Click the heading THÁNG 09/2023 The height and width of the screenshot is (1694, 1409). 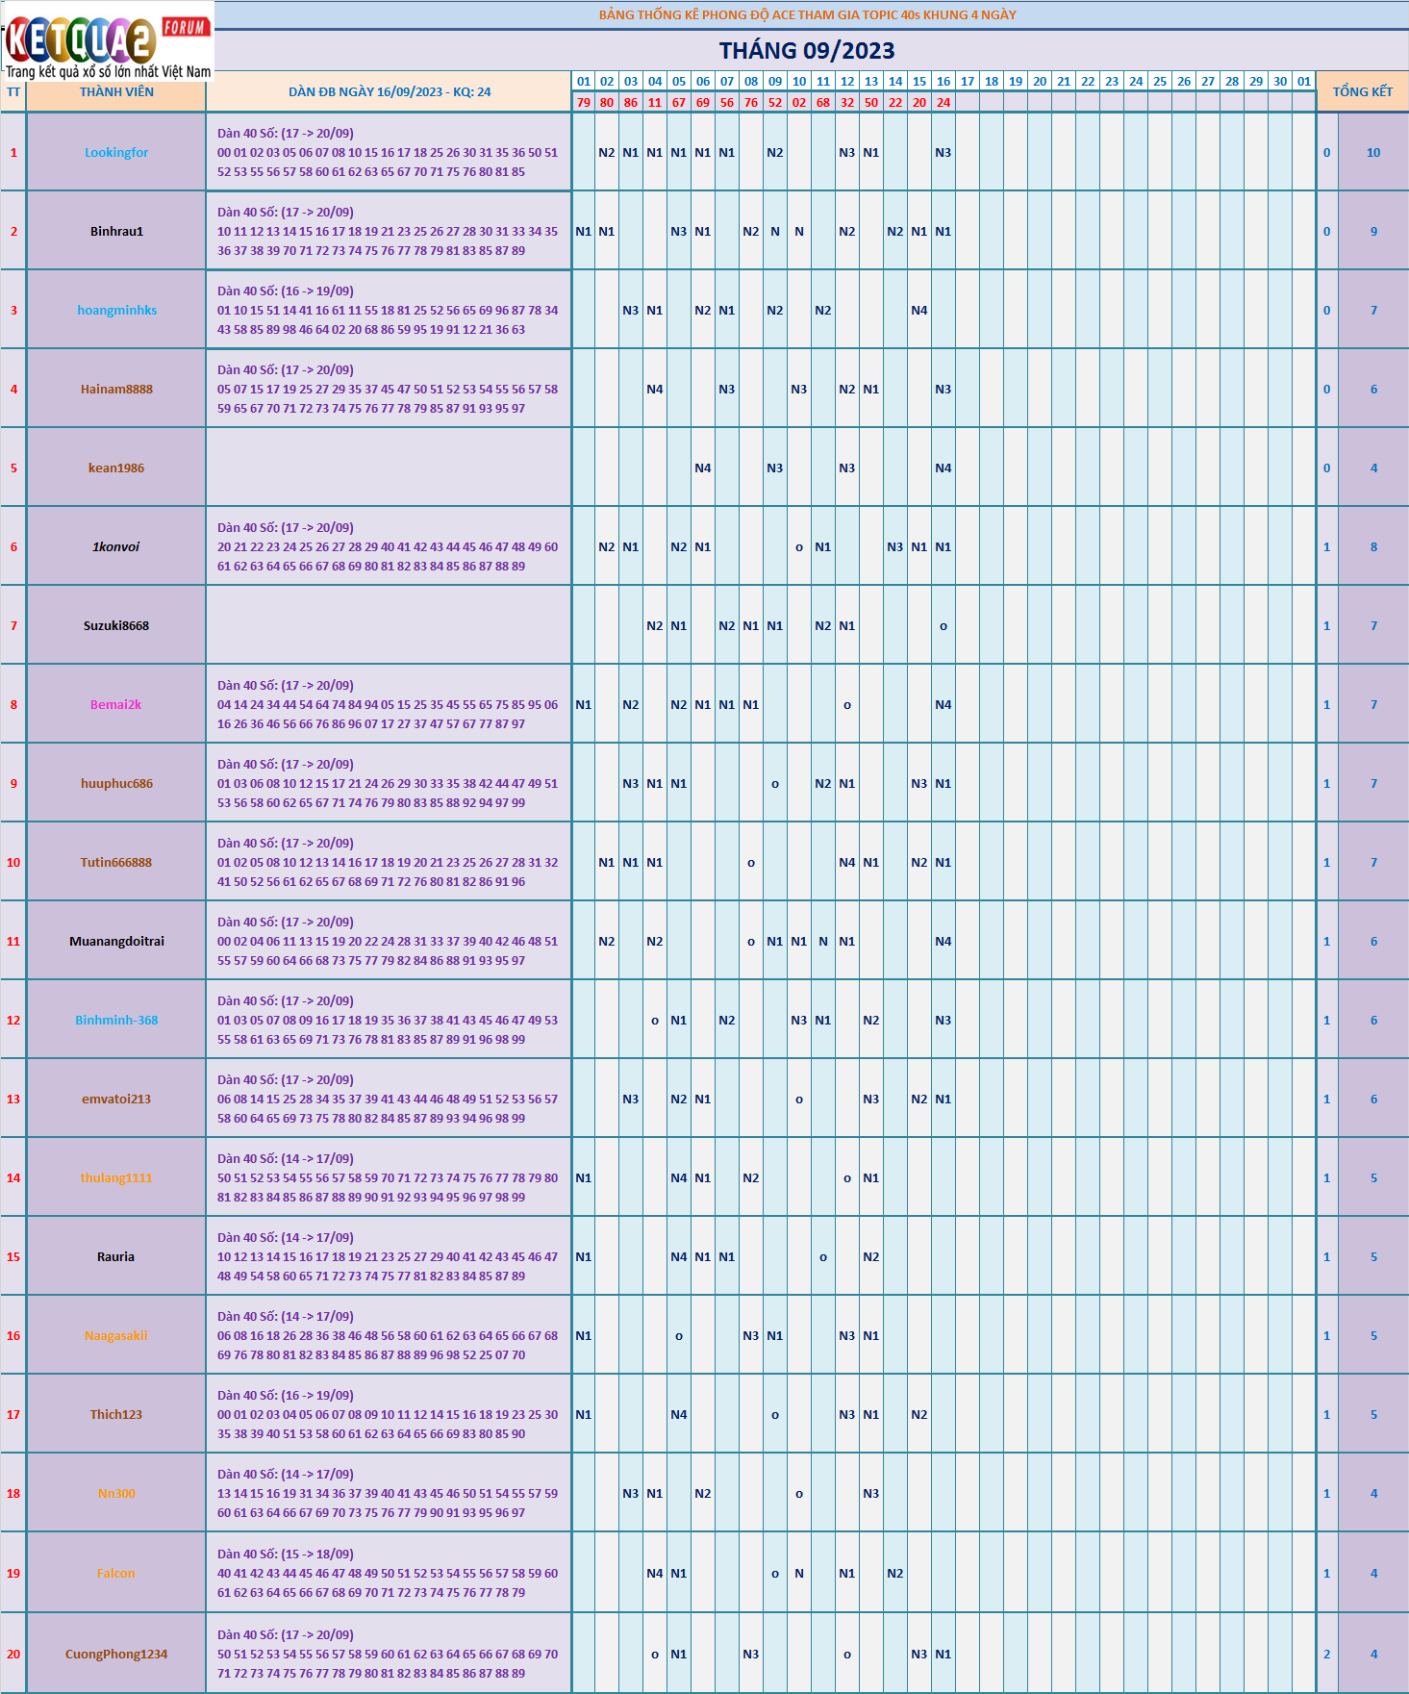806,51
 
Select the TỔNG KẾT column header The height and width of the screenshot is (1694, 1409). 1362,91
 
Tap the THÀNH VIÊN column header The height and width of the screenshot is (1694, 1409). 116,92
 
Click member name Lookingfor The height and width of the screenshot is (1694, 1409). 116,152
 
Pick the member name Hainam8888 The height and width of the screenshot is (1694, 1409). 116,389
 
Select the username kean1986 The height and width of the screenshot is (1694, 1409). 116,468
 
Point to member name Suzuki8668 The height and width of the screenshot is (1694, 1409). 116,625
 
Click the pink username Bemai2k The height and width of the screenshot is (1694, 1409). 115,704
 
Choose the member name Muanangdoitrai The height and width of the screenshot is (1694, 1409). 116,941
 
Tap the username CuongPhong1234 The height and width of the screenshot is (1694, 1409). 116,1654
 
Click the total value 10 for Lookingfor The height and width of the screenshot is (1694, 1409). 1373,152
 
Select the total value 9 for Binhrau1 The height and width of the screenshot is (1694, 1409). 1373,231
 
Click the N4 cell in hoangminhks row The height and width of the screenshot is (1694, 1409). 919,310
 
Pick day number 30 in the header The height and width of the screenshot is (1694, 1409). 1280,82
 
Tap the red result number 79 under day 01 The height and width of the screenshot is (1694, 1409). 584,102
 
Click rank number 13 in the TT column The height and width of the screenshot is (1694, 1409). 13,1099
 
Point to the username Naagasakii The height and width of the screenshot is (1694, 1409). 116,1335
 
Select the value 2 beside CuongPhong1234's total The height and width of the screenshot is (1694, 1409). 1326,1654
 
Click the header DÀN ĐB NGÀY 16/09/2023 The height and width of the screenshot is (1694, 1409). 390,92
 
